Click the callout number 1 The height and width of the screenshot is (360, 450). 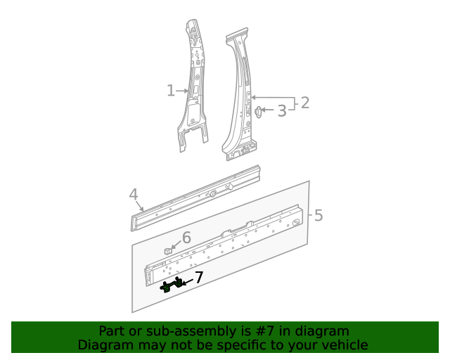pos(171,91)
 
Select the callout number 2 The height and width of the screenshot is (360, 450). pos(304,103)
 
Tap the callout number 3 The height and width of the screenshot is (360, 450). pos(281,110)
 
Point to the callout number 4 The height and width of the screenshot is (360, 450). pos(133,195)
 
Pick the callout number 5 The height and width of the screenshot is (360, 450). pos(319,214)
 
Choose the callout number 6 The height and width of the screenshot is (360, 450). pos(186,238)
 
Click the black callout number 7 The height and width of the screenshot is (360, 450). pos(199,278)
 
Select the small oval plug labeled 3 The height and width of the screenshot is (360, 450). pos(258,111)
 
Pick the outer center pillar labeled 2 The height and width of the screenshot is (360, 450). pos(239,98)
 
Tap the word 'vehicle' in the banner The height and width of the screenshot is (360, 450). pos(344,345)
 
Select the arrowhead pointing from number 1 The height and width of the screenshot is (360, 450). pos(187,91)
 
